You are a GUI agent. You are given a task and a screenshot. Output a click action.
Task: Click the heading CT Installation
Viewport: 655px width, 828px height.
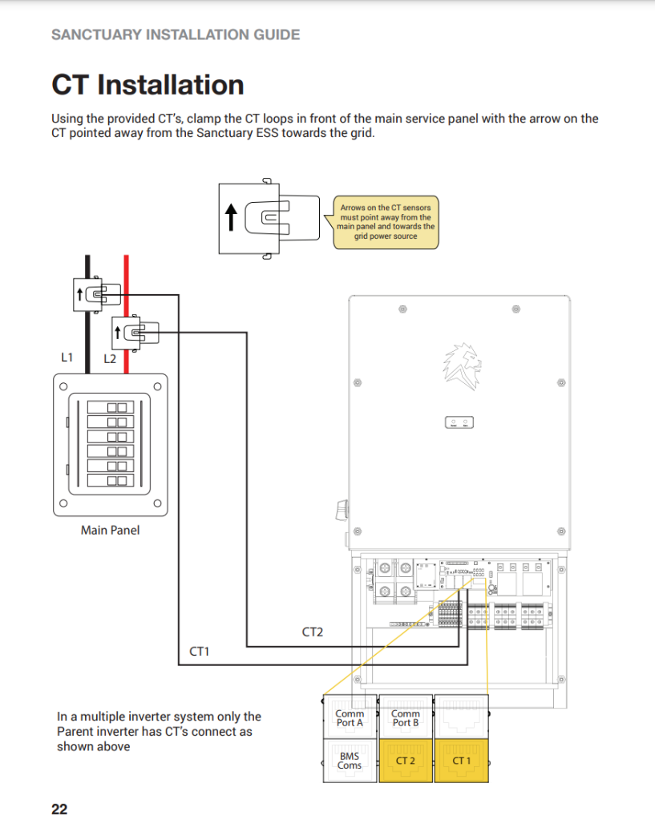(148, 84)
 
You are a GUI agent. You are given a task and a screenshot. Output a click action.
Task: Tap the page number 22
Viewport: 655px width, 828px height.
(59, 809)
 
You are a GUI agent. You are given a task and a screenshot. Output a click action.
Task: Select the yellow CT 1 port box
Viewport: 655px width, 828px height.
(461, 760)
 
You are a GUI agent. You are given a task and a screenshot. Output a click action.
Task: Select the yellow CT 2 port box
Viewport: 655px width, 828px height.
(406, 760)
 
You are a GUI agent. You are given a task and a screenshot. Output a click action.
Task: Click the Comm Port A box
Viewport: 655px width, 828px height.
(350, 717)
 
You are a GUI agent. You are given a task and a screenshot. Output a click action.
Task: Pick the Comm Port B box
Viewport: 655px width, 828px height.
(406, 717)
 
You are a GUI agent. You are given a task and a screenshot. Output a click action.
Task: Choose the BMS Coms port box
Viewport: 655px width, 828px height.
(350, 760)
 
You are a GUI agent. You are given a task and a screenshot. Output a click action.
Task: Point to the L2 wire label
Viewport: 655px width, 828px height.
(110, 359)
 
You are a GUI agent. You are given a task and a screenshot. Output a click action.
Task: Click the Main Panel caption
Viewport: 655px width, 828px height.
(110, 530)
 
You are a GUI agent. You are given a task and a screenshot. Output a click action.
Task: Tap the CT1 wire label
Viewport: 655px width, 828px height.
(199, 652)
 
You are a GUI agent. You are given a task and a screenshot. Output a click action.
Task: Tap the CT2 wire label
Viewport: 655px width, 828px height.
(312, 632)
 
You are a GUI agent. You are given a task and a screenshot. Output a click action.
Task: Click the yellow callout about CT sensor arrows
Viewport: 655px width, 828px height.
(386, 222)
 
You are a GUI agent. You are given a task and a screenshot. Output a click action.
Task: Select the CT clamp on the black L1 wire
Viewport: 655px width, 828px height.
(91, 295)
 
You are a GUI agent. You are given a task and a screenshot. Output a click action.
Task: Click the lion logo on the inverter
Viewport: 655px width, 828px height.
(461, 365)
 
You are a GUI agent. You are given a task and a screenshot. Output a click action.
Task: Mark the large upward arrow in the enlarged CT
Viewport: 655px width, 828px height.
(231, 216)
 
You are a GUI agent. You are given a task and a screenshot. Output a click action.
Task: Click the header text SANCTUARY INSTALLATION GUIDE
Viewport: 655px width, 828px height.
(176, 34)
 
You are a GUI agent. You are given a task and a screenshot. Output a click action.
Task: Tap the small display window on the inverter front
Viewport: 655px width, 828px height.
(459, 422)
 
